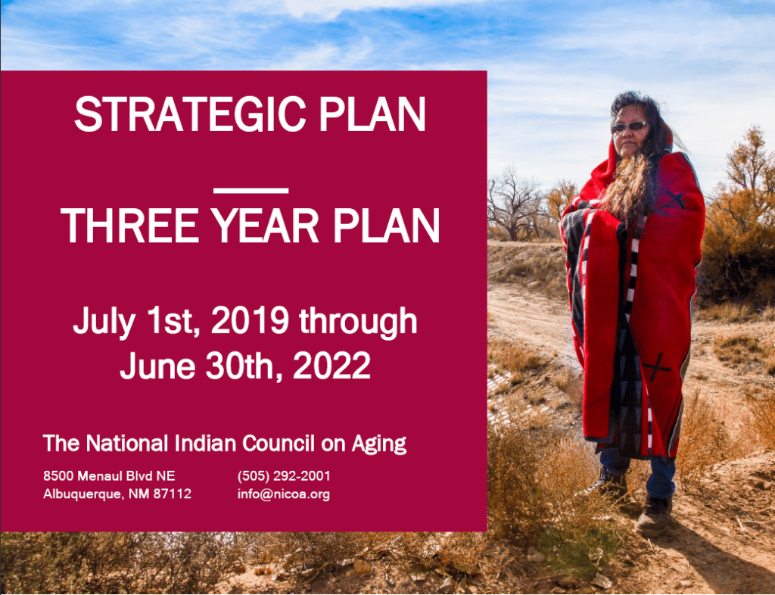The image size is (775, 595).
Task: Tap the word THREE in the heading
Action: tap(129, 226)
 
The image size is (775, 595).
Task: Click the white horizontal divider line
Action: tap(251, 190)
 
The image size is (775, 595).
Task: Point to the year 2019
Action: tap(250, 320)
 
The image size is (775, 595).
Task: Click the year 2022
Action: tap(331, 366)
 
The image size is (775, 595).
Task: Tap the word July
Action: tap(103, 322)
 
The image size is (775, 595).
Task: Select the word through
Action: tap(358, 322)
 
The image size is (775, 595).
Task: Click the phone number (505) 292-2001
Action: tap(284, 476)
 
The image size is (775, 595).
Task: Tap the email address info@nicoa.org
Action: tap(284, 494)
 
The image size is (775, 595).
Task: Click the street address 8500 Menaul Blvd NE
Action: tap(109, 476)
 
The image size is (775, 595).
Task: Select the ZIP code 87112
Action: tap(172, 494)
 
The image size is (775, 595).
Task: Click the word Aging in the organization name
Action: tap(379, 444)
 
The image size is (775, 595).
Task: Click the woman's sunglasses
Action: tap(629, 127)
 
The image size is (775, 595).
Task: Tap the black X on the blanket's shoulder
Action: tap(675, 199)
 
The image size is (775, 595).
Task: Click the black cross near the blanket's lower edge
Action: tap(656, 367)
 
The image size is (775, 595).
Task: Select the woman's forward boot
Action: tap(655, 516)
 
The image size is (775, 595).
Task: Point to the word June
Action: tap(157, 366)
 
